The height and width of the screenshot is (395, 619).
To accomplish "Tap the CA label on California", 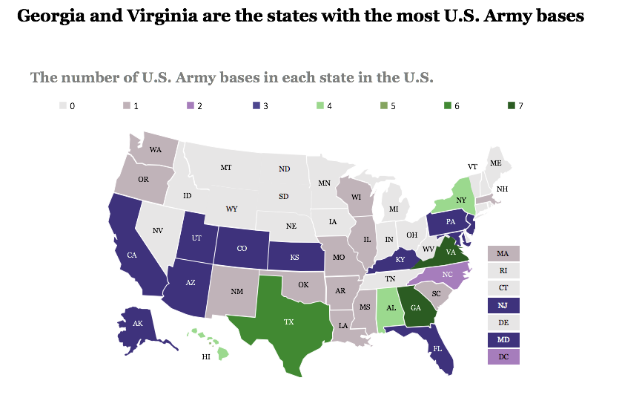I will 132,255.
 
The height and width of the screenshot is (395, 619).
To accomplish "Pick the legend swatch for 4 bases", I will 319,106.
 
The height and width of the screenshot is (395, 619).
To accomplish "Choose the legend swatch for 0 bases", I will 63,106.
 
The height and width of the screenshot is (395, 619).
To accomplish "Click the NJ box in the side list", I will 503,305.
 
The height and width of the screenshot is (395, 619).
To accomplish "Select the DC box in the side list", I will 503,356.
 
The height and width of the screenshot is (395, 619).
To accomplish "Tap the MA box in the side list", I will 503,254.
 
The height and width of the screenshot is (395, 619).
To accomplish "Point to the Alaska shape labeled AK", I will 137,324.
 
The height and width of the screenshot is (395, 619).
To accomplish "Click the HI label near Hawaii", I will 207,357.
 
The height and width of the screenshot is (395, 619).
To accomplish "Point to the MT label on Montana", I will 226,168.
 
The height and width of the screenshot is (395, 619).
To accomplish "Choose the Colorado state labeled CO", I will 242,249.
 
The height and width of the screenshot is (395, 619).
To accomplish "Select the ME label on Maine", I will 495,163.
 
